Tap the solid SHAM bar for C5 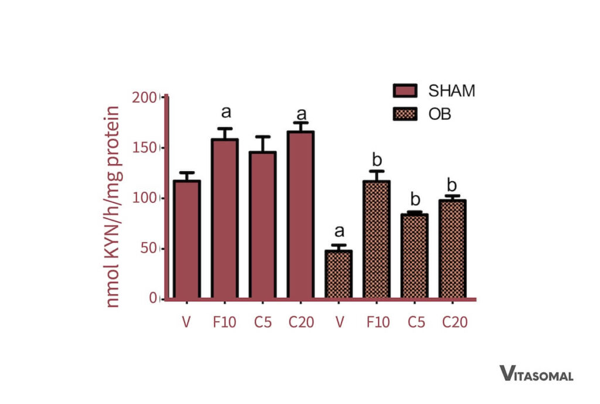point(262,225)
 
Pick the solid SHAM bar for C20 point(301,215)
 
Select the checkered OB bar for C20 point(452,249)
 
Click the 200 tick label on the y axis point(145,97)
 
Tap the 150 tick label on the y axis point(145,147)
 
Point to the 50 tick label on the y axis point(148,248)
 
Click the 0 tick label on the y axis point(152,298)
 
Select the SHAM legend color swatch point(404,91)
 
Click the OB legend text point(440,114)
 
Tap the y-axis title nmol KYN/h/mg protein point(114,206)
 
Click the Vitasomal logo point(536,374)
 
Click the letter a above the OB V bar point(339,233)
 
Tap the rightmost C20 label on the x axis point(455,322)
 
